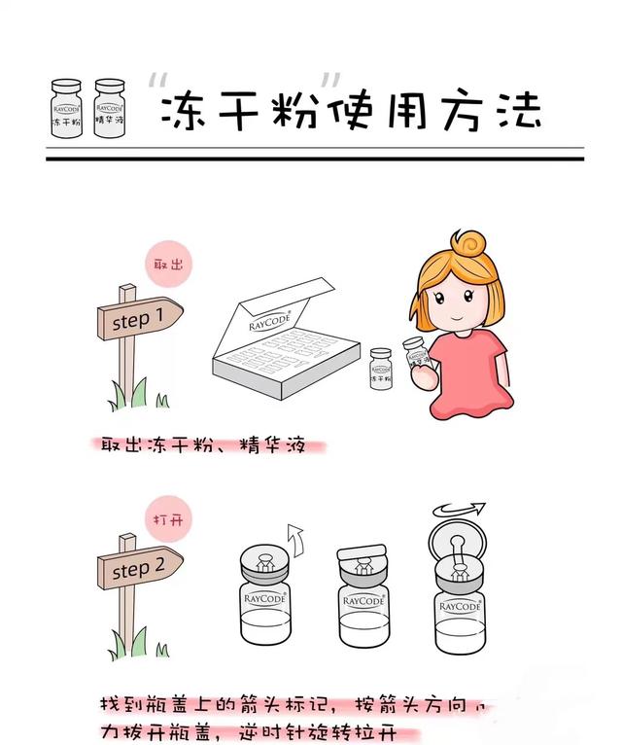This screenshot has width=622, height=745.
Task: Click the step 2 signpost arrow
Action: (140, 570)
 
